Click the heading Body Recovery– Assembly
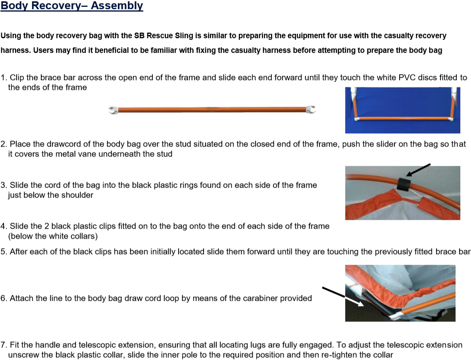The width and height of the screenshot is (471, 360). pyautogui.click(x=72, y=6)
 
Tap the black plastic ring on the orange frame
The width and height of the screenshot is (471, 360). pyautogui.click(x=405, y=184)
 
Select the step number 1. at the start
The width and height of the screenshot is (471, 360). pyautogui.click(x=4, y=78)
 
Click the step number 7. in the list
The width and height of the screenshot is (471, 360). pyautogui.click(x=4, y=345)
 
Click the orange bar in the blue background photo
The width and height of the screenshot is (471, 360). pyautogui.click(x=403, y=118)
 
